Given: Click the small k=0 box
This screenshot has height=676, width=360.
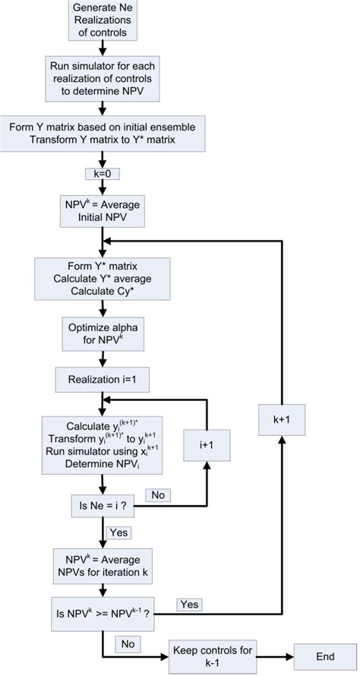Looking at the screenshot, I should [101, 174].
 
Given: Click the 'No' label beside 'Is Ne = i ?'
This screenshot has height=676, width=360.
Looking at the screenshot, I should [159, 494].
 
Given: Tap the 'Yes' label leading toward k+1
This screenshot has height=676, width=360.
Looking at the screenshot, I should [188, 604].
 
